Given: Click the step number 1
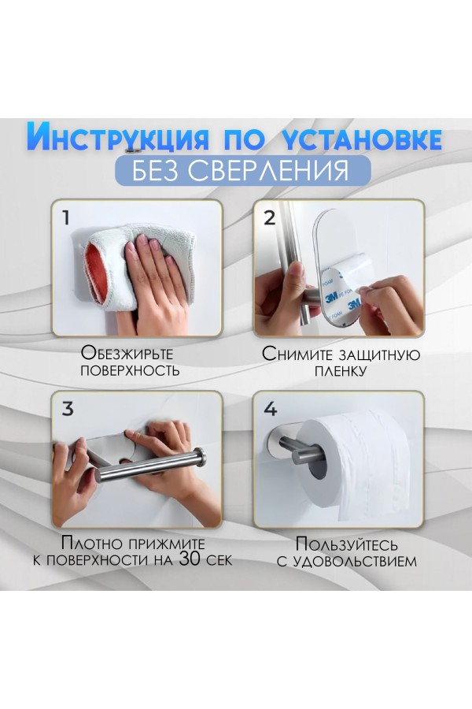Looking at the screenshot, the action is click(66, 218).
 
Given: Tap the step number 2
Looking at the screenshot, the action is click(269, 218).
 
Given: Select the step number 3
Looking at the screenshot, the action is click(68, 409).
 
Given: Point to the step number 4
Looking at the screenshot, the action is click(270, 409).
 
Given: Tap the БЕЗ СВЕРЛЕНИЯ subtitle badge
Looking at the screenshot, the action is click(243, 170).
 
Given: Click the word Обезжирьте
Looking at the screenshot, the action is click(127, 353).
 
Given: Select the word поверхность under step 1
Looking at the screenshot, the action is click(130, 371).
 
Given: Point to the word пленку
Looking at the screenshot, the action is click(340, 371).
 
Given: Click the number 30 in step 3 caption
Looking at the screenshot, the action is click(190, 559).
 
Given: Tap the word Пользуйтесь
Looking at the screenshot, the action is click(347, 544).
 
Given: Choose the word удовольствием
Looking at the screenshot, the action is click(355, 562).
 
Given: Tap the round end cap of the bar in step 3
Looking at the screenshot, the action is click(201, 457).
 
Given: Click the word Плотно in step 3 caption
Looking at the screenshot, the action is click(92, 543).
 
